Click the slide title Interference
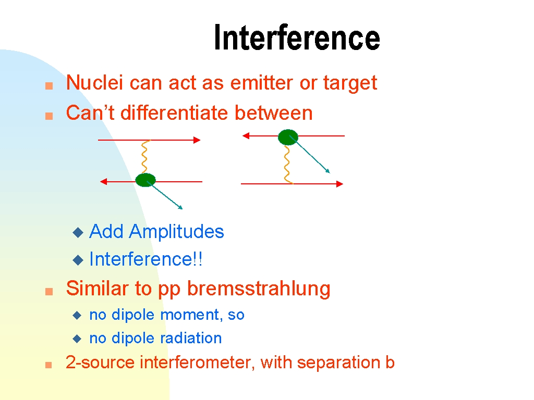coord(297,37)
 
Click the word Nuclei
coord(94,82)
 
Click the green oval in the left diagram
coord(145,180)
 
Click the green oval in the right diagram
coord(288,137)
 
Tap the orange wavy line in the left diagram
coord(145,156)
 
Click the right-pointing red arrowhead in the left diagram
coord(197,140)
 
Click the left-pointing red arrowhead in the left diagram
coord(104,182)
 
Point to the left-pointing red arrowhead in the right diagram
coord(246,136)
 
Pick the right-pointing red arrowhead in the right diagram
coord(339,184)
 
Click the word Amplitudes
coord(176,232)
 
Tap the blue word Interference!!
coord(146,259)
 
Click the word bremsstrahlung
coord(259,289)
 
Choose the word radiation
coord(191,338)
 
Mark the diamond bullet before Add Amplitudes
coord(78,233)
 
